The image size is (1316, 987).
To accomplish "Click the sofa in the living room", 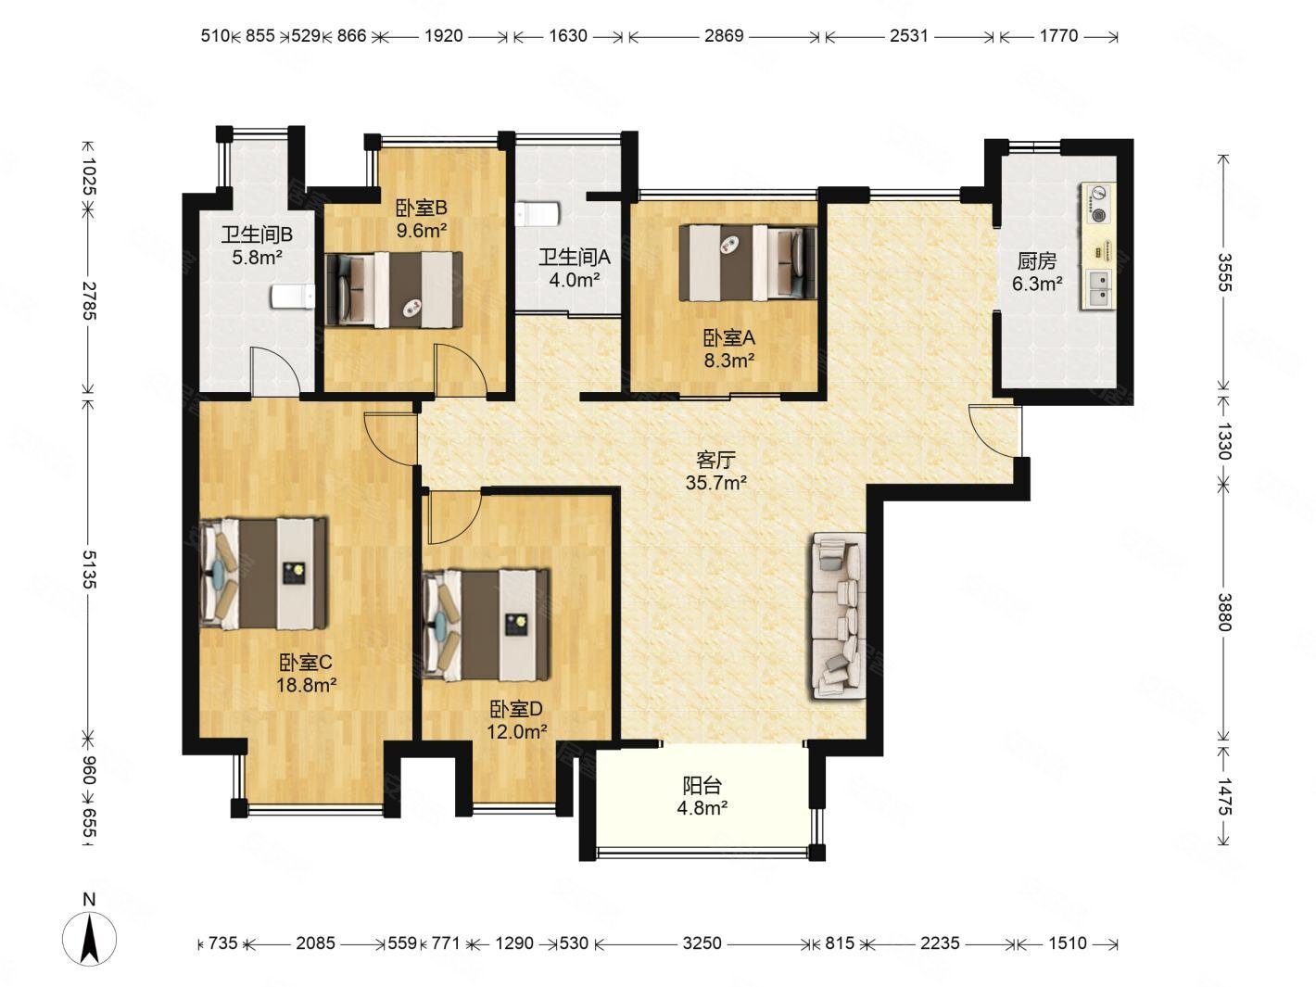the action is (838, 615).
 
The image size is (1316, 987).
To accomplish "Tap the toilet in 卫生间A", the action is (538, 214).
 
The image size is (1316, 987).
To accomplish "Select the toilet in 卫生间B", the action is (293, 296).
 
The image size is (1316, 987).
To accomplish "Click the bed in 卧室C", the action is (264, 573).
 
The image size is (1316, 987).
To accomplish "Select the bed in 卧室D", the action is (486, 625).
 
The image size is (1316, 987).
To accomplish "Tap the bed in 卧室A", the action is (748, 262).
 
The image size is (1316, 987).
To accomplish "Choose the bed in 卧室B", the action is (393, 289).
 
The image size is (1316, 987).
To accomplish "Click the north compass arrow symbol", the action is (89, 939).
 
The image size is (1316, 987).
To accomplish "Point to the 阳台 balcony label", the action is (702, 785).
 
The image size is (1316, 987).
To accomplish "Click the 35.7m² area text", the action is (716, 483).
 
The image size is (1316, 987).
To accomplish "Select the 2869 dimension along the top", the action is (724, 36).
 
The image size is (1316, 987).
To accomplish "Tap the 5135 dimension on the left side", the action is (89, 569).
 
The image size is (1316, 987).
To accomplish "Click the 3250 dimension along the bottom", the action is (702, 943).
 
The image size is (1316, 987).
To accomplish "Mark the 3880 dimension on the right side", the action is (1223, 613).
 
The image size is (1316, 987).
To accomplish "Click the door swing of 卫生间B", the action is (274, 372).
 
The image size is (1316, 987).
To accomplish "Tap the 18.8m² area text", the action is (307, 684).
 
